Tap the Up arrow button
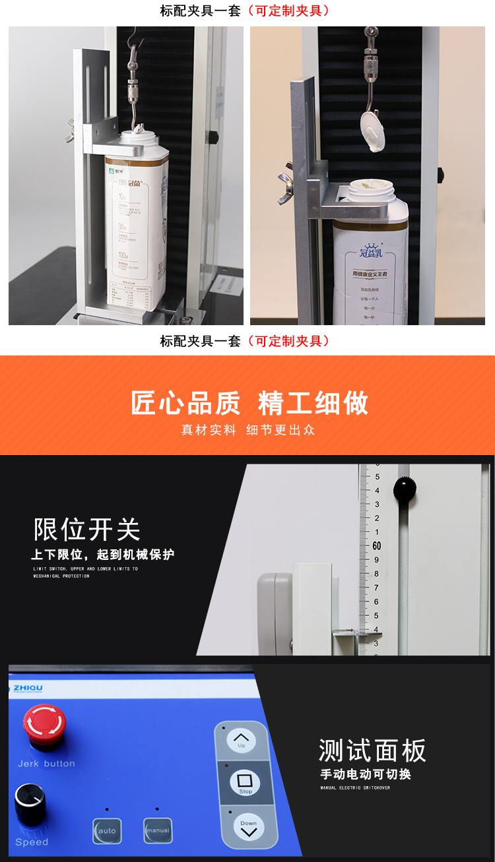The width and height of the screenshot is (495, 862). pyautogui.click(x=242, y=740)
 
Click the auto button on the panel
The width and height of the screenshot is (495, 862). pyautogui.click(x=107, y=831)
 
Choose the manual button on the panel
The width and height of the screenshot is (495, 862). pyautogui.click(x=157, y=830)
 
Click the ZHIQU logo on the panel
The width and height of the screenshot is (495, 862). pyautogui.click(x=28, y=689)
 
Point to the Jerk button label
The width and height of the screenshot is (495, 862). pyautogui.click(x=46, y=764)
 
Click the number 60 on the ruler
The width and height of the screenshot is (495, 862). pyautogui.click(x=377, y=545)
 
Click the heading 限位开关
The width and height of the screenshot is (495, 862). pyautogui.click(x=87, y=529)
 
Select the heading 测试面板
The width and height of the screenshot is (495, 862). pyautogui.click(x=372, y=751)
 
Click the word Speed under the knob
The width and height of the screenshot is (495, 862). pyautogui.click(x=32, y=842)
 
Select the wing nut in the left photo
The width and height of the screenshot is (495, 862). pyautogui.click(x=69, y=137)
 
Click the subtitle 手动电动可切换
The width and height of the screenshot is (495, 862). pyautogui.click(x=365, y=774)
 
